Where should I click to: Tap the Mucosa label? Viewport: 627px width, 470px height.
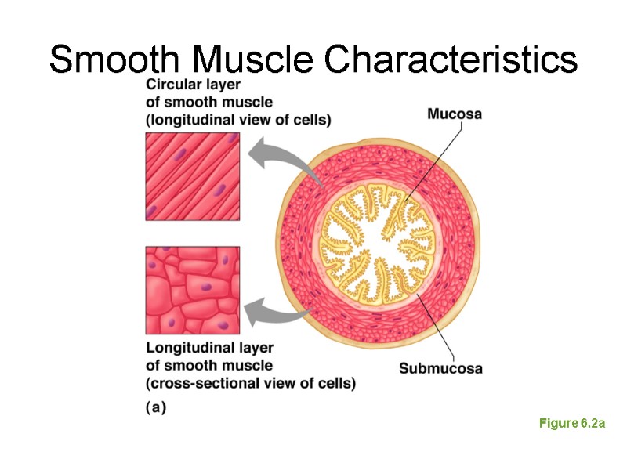(454, 114)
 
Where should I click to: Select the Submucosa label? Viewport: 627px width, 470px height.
(440, 368)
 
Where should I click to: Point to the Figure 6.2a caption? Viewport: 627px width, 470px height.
(571, 424)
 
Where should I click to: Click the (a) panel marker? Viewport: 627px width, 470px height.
(156, 407)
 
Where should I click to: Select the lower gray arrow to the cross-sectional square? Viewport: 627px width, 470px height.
(274, 313)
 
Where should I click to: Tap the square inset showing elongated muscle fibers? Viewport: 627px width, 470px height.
(193, 176)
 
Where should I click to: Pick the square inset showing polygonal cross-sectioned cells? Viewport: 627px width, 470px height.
(193, 290)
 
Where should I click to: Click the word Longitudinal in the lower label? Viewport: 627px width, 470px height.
(187, 348)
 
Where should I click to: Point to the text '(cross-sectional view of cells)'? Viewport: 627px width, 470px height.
(250, 383)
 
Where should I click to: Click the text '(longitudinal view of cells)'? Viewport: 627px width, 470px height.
(238, 119)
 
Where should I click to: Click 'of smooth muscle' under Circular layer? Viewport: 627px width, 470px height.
(208, 102)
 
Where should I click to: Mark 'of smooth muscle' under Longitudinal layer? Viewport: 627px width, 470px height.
(208, 366)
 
